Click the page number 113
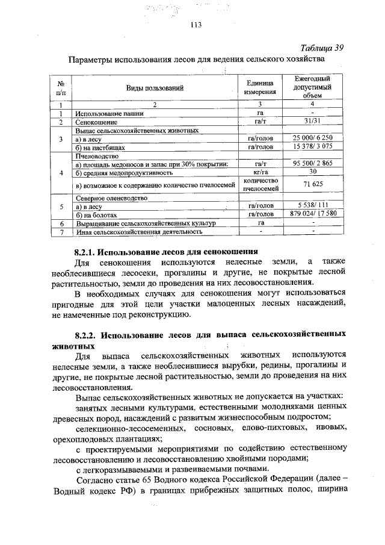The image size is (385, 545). tap(194, 25)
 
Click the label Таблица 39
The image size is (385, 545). tap(321, 49)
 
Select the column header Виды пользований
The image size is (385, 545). tap(154, 88)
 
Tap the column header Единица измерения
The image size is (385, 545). tap(260, 88)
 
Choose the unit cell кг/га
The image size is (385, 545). tap(260, 172)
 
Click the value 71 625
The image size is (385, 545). tap(313, 184)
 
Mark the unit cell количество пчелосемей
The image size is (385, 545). tap(260, 184)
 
